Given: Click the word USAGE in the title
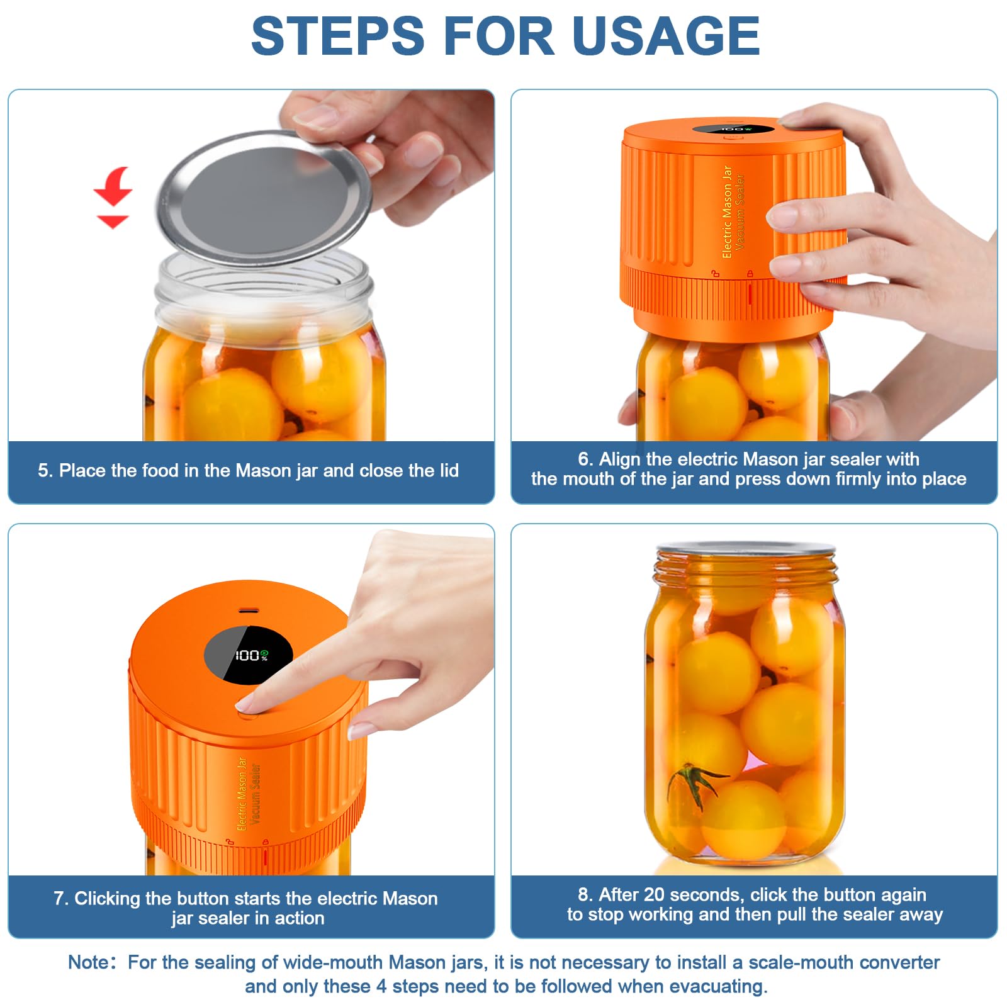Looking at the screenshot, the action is [x=667, y=36].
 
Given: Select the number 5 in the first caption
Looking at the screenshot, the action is [x=43, y=471].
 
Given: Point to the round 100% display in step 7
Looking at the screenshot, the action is [x=249, y=655].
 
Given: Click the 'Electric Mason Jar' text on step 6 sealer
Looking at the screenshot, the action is [x=727, y=211].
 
